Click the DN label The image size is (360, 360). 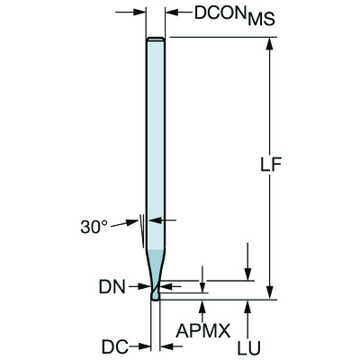click(x=111, y=287)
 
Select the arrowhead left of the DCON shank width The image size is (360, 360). click(x=141, y=13)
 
